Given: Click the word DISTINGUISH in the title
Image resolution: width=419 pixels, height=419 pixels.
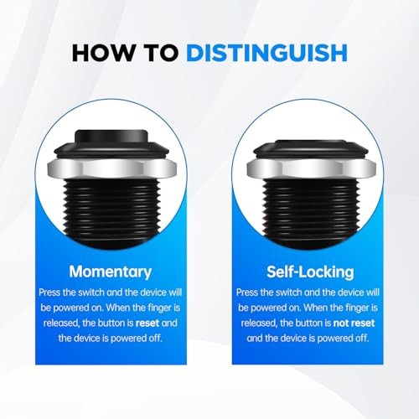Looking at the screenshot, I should coord(266,53).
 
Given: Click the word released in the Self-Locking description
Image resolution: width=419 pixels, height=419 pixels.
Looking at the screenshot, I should coord(256,323).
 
